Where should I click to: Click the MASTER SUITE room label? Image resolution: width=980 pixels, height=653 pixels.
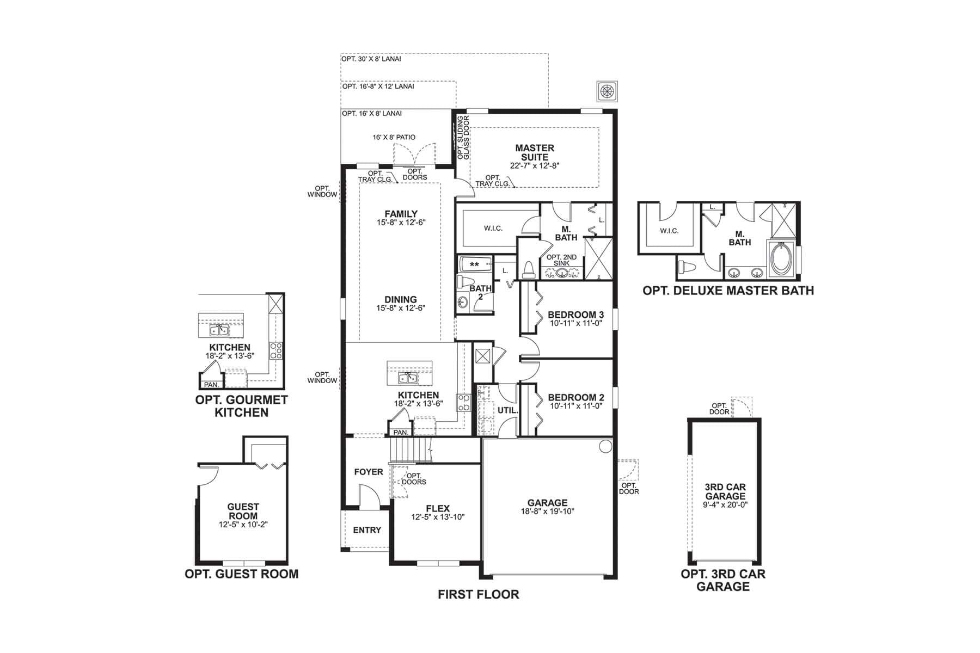coord(535,152)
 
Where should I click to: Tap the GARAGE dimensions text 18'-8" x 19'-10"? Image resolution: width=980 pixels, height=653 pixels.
coord(547,512)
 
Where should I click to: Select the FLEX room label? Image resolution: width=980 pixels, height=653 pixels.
coord(438,509)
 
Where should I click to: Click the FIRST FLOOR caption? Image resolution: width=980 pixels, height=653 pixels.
coord(478,594)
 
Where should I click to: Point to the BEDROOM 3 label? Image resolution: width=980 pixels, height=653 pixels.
coord(575,315)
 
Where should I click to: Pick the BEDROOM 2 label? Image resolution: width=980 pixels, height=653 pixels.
coord(575,397)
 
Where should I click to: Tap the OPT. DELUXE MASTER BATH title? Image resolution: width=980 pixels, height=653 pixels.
coord(728,291)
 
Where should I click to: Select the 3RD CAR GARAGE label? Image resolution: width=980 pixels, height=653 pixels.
coord(725,491)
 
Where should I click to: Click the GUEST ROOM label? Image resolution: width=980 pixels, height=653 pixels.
coord(243,511)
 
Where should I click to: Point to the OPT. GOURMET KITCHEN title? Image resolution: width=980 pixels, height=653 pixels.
coord(241,406)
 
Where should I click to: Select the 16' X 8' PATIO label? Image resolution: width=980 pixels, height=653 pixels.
coord(394,137)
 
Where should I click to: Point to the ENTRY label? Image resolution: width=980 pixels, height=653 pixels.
coord(367,530)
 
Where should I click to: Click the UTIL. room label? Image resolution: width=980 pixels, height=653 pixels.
coord(507,410)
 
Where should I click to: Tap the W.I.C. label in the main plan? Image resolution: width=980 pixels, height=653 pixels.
coord(493,229)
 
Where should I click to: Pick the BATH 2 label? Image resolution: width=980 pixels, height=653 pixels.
coord(480,292)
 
